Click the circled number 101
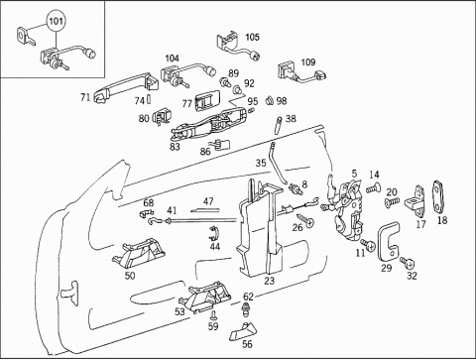(x=56, y=21)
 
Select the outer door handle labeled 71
(x=126, y=86)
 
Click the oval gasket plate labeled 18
(x=438, y=196)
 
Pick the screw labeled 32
(x=408, y=263)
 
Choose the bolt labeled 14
(x=374, y=188)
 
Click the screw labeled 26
(x=304, y=221)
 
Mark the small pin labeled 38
(x=278, y=125)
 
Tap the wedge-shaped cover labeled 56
(x=243, y=332)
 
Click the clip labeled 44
(x=213, y=234)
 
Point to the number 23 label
(x=270, y=281)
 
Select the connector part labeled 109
(x=302, y=73)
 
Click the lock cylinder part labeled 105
(x=237, y=47)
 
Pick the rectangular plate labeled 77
(x=207, y=100)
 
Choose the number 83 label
(x=175, y=146)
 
